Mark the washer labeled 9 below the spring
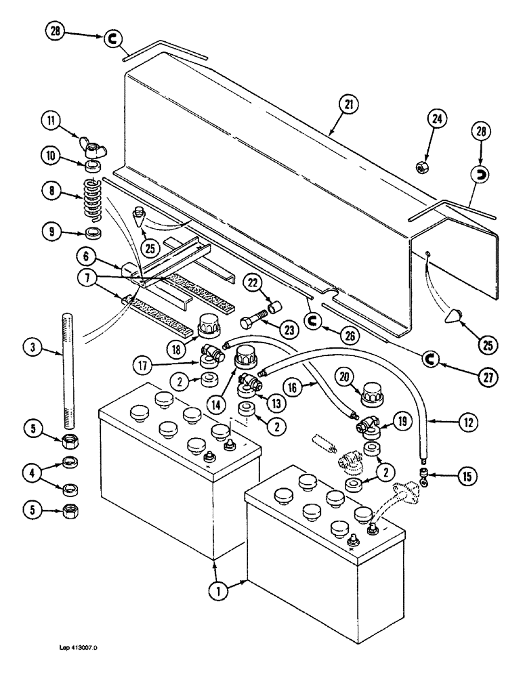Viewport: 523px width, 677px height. [x=93, y=234]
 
